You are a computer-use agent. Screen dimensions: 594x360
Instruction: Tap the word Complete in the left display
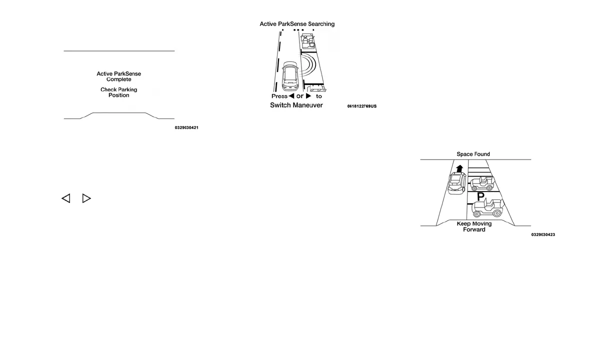click(x=119, y=79)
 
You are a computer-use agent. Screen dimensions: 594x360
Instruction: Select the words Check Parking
click(x=119, y=90)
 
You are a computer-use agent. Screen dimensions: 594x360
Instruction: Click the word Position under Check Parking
click(x=119, y=95)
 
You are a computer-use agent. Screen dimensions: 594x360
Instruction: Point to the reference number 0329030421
click(x=186, y=128)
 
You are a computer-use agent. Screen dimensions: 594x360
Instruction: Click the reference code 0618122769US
click(x=362, y=106)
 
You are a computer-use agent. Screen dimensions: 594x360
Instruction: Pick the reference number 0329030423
click(x=543, y=234)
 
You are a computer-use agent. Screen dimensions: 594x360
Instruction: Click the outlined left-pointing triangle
click(x=66, y=198)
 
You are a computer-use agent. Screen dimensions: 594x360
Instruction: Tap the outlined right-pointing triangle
click(x=86, y=198)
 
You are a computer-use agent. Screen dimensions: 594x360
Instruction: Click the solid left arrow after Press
click(x=291, y=96)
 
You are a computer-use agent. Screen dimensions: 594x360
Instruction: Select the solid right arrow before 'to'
click(x=308, y=96)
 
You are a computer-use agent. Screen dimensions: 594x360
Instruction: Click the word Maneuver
click(x=308, y=105)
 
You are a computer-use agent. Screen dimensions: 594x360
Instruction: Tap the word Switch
click(x=280, y=105)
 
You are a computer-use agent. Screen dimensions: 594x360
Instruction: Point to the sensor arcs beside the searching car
click(x=310, y=67)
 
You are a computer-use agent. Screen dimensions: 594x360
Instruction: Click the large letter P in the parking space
click(x=480, y=197)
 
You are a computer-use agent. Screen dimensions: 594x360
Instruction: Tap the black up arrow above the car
click(x=459, y=167)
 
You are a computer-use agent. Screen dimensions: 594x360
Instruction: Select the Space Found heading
click(x=473, y=154)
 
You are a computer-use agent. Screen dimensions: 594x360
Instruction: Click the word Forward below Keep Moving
click(x=474, y=229)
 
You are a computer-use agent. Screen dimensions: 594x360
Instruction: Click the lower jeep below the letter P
click(x=487, y=208)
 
